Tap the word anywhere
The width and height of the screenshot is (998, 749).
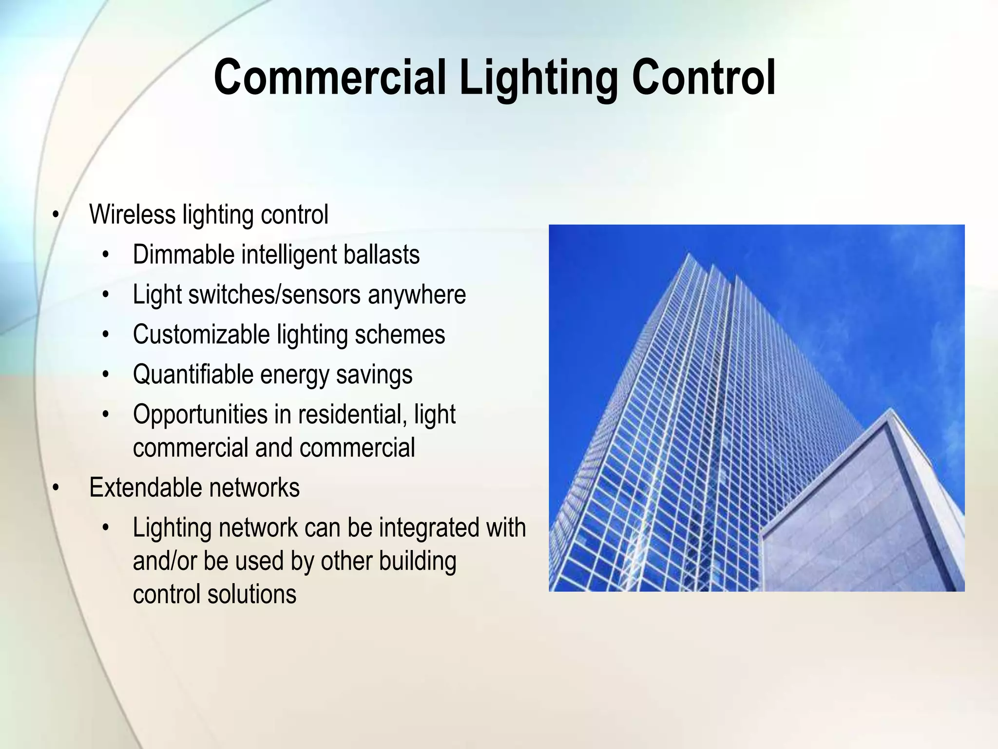click(x=417, y=295)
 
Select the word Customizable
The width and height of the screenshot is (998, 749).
click(x=201, y=335)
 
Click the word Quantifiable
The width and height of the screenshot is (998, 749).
click(x=193, y=374)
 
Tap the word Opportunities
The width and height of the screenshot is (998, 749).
click(x=200, y=414)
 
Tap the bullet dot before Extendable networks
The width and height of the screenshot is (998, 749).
click(x=56, y=488)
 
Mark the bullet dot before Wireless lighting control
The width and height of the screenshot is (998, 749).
click(x=56, y=215)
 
